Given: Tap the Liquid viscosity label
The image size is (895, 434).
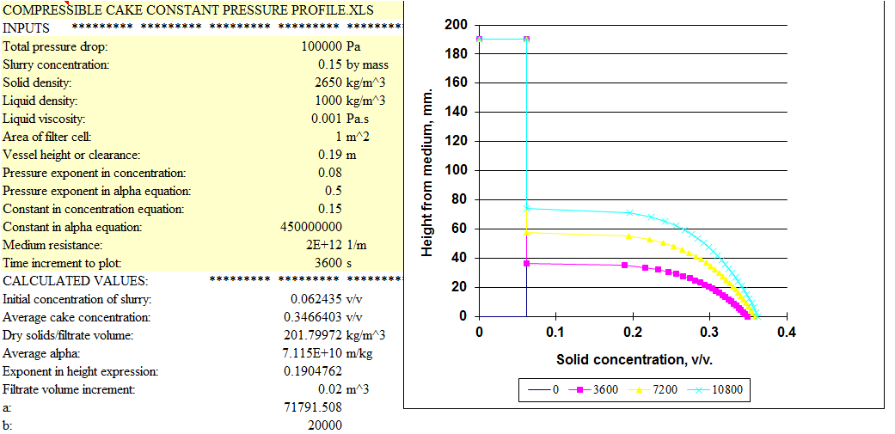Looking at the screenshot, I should (x=45, y=119).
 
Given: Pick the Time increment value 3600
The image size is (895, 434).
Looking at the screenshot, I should (x=328, y=263).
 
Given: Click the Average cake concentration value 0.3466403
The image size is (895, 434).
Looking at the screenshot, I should (x=316, y=317).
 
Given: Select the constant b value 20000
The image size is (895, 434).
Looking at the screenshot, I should (x=325, y=425).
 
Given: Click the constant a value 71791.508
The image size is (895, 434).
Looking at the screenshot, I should (x=313, y=407).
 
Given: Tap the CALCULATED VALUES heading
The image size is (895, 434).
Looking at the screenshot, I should (x=76, y=281).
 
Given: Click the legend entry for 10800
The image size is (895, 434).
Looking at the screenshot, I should (x=727, y=390).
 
